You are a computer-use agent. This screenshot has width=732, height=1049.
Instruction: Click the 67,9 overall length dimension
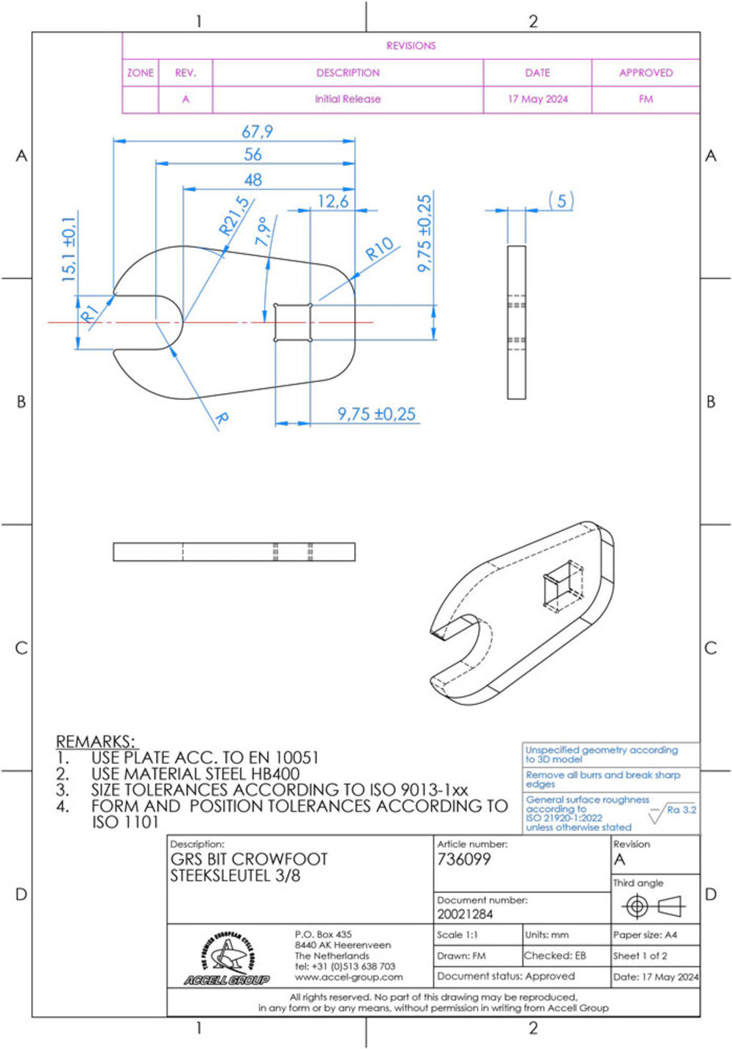point(257,132)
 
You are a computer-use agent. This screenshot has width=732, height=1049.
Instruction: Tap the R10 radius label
point(379,249)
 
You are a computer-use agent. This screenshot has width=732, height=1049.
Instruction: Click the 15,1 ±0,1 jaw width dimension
point(68,249)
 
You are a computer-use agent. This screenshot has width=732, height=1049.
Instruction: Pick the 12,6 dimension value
point(333,201)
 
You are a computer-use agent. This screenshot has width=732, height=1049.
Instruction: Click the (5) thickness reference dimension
point(561,201)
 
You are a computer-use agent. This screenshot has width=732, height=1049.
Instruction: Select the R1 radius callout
point(89,314)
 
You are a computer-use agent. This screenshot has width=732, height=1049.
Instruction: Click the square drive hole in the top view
point(294,322)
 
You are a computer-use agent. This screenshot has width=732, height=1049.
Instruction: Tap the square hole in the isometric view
point(564,586)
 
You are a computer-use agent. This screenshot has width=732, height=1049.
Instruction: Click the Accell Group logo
point(227,958)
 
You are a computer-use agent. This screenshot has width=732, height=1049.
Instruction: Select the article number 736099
point(463,859)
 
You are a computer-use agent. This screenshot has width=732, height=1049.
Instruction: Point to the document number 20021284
point(465,914)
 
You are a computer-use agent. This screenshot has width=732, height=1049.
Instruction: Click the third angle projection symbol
point(654,906)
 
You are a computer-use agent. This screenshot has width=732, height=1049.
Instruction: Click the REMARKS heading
point(96,742)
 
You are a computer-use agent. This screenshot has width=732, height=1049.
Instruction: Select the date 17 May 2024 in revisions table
point(537,100)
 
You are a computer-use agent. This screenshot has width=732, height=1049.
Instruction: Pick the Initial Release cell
point(348,100)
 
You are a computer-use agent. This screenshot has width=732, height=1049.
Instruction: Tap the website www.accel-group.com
point(349,977)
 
